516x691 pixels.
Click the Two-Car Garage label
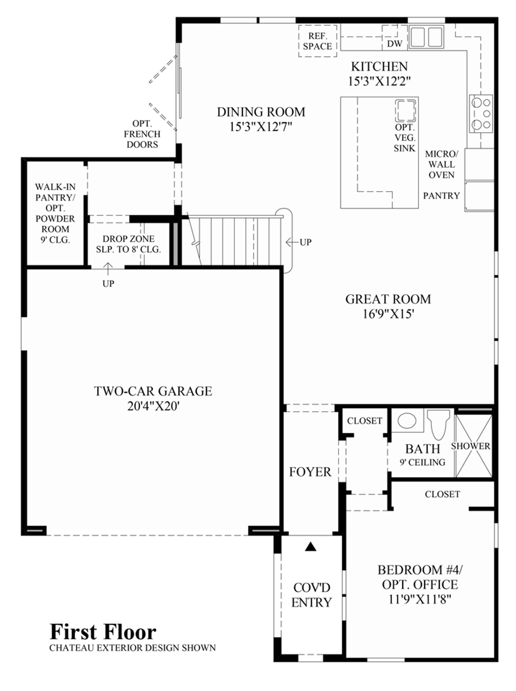tap(153, 391)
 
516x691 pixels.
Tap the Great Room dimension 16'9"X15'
tap(388, 314)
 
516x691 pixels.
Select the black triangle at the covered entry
tap(311, 546)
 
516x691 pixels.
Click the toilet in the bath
tap(439, 424)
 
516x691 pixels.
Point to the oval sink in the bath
tap(407, 420)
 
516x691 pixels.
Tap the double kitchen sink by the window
tap(426, 37)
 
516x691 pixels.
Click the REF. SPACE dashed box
tap(317, 41)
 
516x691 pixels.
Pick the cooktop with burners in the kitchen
tap(481, 113)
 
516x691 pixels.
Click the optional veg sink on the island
tap(405, 110)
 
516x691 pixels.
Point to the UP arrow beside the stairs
tap(293, 242)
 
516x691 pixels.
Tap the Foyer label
tap(310, 472)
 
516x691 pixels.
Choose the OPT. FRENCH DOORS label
tap(142, 134)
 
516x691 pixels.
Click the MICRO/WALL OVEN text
tap(441, 164)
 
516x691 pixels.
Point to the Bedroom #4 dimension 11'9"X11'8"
tap(420, 600)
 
